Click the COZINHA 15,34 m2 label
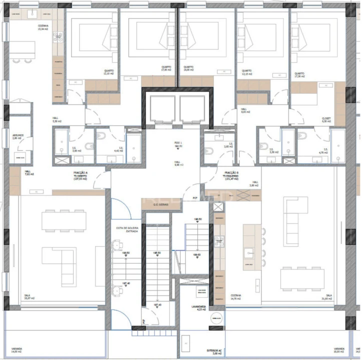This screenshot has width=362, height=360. point(43,27)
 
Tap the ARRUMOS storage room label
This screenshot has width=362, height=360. point(18,136)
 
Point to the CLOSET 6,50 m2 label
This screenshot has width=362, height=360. point(326,120)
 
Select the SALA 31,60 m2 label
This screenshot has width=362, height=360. point(329,297)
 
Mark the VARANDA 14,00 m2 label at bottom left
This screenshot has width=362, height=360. point(17,350)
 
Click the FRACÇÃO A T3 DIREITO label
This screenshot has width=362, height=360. point(80,175)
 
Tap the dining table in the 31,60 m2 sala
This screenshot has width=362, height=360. point(302,279)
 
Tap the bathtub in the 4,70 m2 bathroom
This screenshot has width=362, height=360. point(337,145)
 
